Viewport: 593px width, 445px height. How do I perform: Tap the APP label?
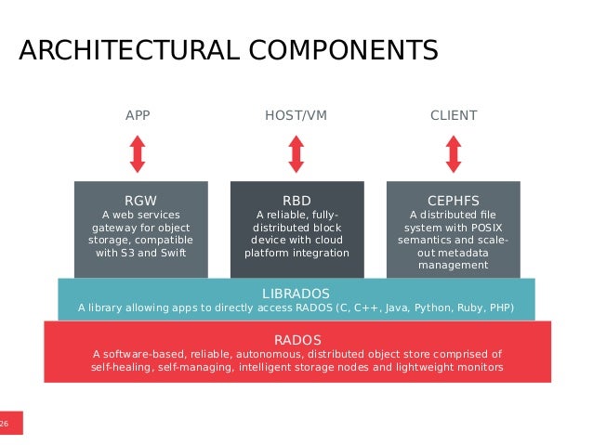coord(138,116)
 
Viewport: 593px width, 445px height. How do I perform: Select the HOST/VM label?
coord(296,116)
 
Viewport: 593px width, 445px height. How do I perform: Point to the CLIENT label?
coord(454,116)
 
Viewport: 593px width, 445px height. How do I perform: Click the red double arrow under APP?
coord(138,153)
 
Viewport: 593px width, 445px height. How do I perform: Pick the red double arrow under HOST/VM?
coord(296,153)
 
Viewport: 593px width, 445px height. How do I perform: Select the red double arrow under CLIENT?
coord(454,153)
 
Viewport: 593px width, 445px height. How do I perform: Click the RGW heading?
coord(141,200)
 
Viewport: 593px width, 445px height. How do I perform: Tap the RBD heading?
coord(296,200)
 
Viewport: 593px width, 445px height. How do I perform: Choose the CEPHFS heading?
coord(454,200)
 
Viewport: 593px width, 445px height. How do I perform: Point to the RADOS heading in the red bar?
coord(296,338)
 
